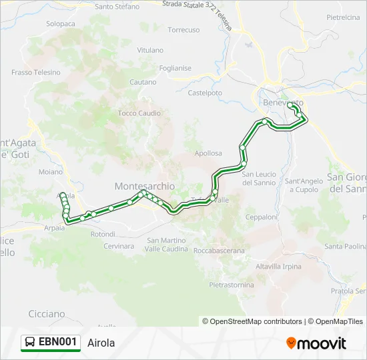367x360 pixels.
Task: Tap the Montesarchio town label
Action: tap(145, 186)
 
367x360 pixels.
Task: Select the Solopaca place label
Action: tap(61, 23)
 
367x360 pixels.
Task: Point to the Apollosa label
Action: tap(208, 153)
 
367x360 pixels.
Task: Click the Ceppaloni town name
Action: tap(261, 217)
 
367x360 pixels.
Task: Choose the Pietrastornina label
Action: tap(232, 285)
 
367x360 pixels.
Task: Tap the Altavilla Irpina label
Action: tap(279, 266)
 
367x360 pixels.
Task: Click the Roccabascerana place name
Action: tap(219, 251)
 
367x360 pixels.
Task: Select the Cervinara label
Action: tap(119, 246)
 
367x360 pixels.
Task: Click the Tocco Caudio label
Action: tap(139, 113)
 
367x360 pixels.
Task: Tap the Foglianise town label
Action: tap(175, 68)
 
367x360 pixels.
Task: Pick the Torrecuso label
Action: tap(183, 30)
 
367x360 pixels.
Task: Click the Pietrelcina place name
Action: tap(343, 17)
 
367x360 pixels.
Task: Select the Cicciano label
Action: tap(47, 313)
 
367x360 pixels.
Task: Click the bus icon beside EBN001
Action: tap(30, 343)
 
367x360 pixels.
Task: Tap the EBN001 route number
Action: tap(58, 343)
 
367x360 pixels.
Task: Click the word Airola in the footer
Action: tap(101, 343)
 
